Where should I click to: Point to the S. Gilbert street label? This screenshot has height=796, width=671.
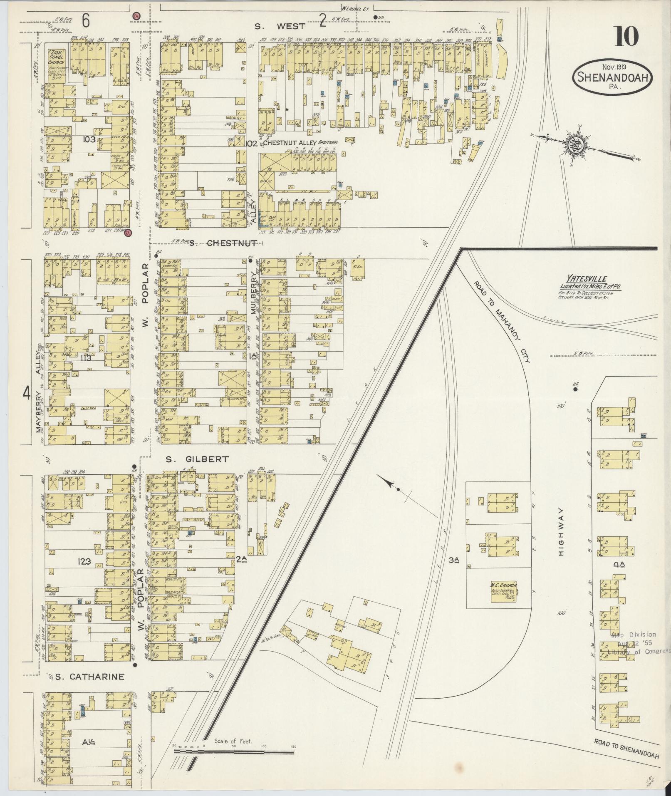click(197, 459)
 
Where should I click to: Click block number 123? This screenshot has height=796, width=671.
click(84, 562)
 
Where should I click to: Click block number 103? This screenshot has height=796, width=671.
click(89, 139)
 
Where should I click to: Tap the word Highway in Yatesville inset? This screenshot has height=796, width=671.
click(561, 533)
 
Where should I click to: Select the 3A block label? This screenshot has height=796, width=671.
click(453, 560)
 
